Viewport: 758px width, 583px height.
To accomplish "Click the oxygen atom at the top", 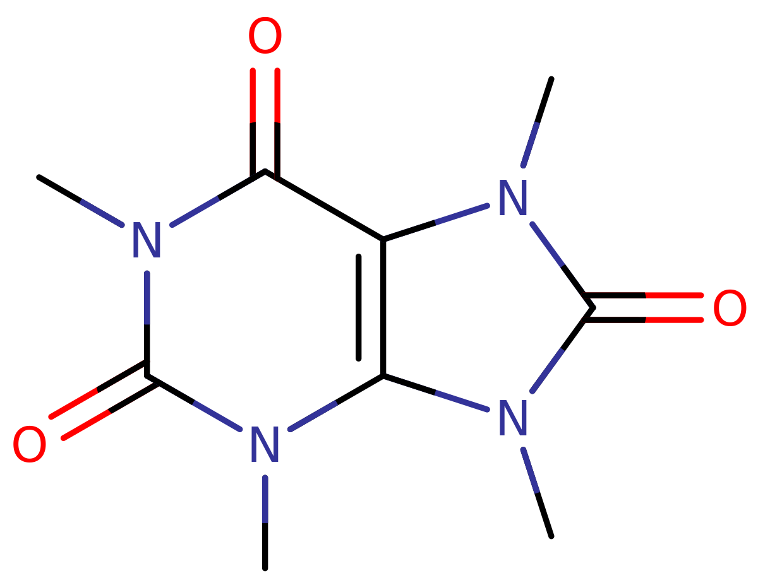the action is pyautogui.click(x=265, y=35).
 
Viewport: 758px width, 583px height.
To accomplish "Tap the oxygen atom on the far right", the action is pyautogui.click(x=730, y=307).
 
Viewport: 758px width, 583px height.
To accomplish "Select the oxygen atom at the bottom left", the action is pyautogui.click(x=29, y=444).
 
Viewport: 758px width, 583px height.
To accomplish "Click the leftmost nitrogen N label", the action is pyautogui.click(x=147, y=240).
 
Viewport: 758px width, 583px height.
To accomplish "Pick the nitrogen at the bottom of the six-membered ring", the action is pyautogui.click(x=265, y=444).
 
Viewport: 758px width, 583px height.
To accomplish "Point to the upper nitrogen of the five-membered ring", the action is pyautogui.click(x=513, y=197).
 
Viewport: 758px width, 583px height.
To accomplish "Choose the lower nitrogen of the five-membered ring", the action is pyautogui.click(x=513, y=417).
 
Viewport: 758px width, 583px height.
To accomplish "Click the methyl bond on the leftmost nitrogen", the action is pyautogui.click(x=80, y=201).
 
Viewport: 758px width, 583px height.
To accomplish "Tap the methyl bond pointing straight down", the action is pyautogui.click(x=265, y=522).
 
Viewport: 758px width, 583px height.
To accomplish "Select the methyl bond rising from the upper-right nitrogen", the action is pyautogui.click(x=537, y=122).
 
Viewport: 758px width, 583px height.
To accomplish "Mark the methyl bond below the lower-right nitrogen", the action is pyautogui.click(x=537, y=493).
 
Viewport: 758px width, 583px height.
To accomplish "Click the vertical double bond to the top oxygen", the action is pyautogui.click(x=265, y=124).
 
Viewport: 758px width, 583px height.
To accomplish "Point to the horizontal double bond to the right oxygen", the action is pyautogui.click(x=644, y=307).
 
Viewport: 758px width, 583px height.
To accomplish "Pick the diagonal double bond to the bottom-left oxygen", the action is pyautogui.click(x=104, y=401).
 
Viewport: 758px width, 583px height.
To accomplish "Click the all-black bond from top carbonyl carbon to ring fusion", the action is pyautogui.click(x=324, y=205).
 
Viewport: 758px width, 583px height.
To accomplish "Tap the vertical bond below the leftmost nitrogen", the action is pyautogui.click(x=147, y=324).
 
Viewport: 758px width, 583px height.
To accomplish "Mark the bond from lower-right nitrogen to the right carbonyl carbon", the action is pyautogui.click(x=562, y=350).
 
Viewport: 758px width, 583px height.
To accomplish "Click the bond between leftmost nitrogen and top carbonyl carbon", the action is pyautogui.click(x=219, y=198).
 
